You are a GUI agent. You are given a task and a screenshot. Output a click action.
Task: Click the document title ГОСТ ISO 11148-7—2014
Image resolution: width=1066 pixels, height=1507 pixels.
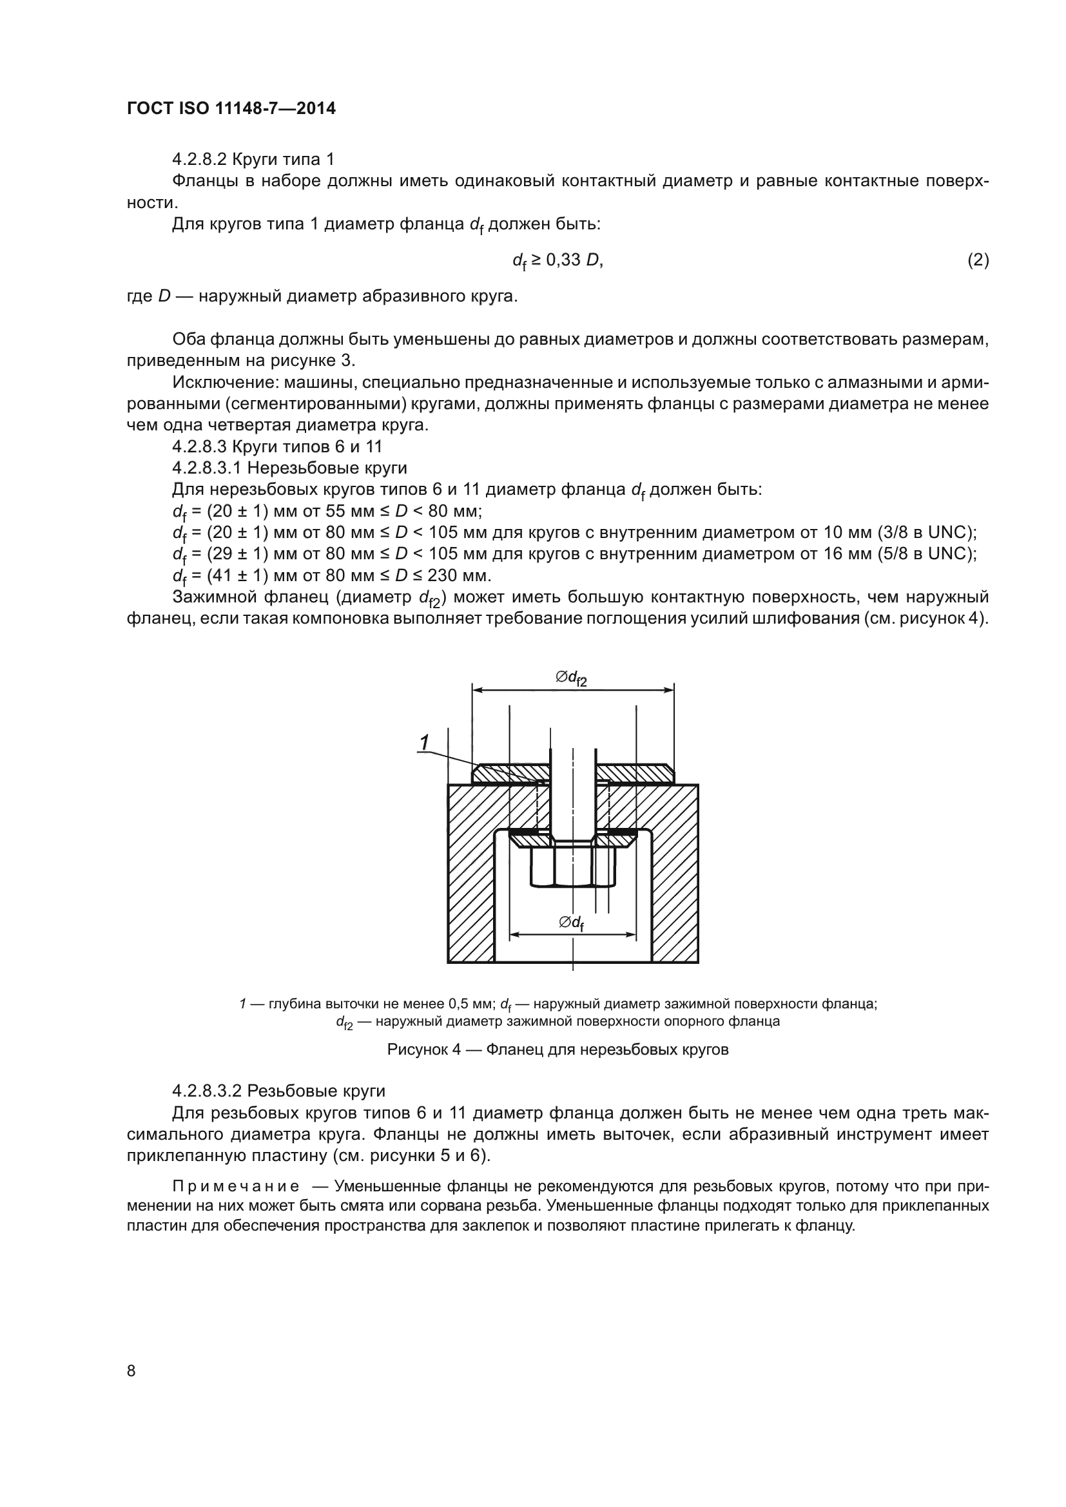231,109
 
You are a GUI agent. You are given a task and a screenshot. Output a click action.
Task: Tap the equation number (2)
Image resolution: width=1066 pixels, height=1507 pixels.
978,260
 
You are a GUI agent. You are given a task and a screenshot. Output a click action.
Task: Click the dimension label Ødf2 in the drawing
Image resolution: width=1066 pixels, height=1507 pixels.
571,677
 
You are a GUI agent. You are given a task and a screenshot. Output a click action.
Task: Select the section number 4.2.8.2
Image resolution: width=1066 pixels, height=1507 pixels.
200,160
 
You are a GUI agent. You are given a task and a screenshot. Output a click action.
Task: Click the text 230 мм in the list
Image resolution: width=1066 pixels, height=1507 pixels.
458,575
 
